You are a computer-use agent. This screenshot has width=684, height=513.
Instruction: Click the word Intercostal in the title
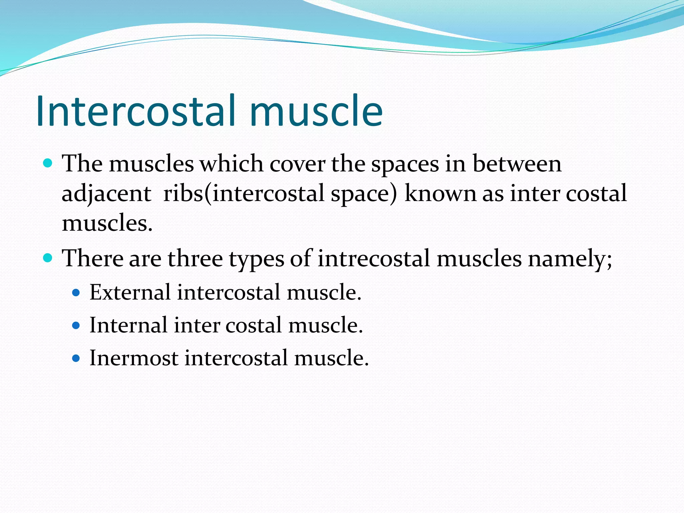[x=135, y=111]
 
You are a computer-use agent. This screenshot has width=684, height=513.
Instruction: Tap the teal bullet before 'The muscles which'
[x=48, y=163]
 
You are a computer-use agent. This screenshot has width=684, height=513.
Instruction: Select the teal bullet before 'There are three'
[x=48, y=258]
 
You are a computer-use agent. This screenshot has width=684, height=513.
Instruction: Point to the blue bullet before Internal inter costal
[x=76, y=326]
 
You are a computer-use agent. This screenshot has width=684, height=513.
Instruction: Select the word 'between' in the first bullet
[x=517, y=164]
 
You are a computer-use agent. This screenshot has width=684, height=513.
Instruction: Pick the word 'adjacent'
[x=106, y=194]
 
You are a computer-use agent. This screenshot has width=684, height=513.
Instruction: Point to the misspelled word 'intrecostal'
[x=373, y=259]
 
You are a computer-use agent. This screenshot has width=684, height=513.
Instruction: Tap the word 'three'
[x=195, y=259]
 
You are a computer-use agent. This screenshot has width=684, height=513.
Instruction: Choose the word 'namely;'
[x=570, y=259]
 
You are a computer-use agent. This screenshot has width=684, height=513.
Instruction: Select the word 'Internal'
[x=129, y=325]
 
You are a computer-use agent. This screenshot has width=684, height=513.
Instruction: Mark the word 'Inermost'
[x=134, y=358]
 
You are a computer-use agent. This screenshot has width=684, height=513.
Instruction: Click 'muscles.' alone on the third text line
[x=107, y=223]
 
